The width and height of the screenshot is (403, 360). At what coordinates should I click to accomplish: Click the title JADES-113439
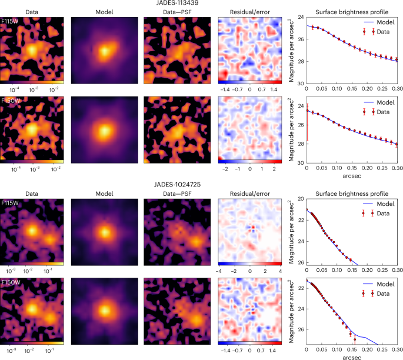(x=201, y=4)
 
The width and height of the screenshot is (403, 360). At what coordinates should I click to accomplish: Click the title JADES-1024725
(x=201, y=185)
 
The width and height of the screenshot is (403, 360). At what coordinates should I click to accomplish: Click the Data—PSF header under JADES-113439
(x=175, y=11)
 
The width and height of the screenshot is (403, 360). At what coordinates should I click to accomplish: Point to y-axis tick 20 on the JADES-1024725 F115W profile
(x=298, y=199)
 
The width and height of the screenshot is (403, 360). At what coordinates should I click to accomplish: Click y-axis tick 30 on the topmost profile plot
(x=298, y=84)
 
